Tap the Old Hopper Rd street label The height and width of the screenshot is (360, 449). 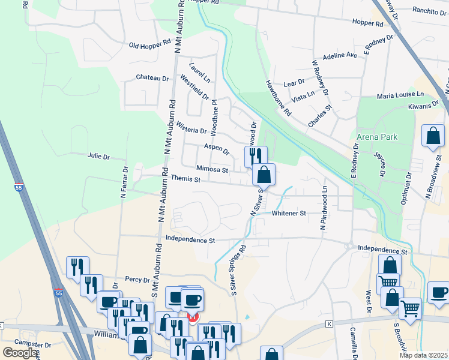click(x=150, y=45)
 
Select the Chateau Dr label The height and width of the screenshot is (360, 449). click(x=152, y=78)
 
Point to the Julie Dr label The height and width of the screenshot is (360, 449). click(x=98, y=157)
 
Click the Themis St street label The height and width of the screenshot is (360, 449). click(x=184, y=178)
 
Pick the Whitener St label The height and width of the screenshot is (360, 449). click(x=289, y=213)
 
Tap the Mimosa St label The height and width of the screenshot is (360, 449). click(x=212, y=170)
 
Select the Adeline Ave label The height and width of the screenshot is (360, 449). click(x=340, y=55)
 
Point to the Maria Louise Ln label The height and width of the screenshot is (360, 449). click(x=400, y=95)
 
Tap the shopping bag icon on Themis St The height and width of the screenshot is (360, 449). click(x=264, y=175)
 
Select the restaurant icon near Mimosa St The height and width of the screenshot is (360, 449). click(x=255, y=156)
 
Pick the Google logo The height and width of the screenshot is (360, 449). click(x=20, y=353)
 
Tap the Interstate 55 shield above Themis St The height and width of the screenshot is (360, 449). click(x=19, y=187)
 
